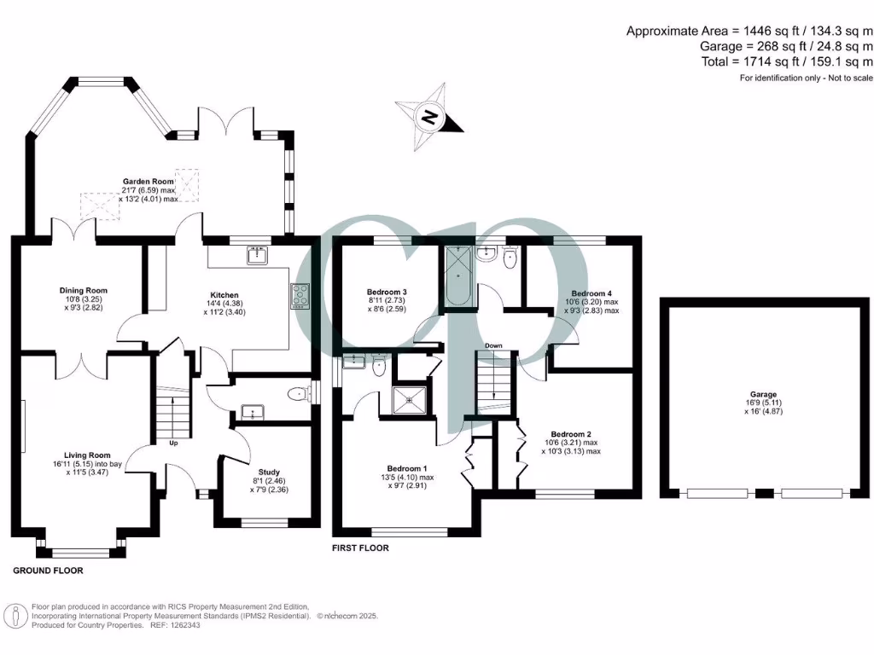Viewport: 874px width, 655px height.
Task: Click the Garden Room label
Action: pos(149,182)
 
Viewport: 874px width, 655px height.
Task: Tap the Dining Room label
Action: pos(84,291)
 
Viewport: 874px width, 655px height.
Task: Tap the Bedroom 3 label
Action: pos(386,293)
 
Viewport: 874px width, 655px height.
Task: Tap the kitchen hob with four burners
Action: pos(301,294)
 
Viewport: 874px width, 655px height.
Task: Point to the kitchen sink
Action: pos(255,254)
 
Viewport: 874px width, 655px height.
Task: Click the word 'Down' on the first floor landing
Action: pos(493,345)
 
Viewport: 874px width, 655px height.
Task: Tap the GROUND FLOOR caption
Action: pos(49,569)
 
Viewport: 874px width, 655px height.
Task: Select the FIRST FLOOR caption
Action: pos(360,548)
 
